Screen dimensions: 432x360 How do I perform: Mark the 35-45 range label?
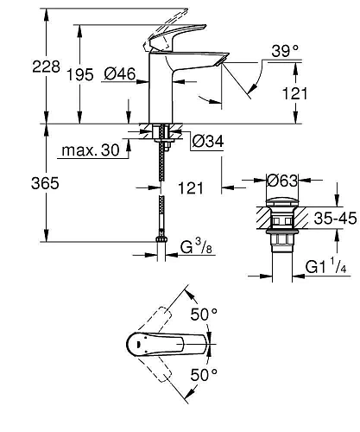[332, 218]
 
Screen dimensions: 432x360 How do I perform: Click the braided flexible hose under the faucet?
[160, 194]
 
